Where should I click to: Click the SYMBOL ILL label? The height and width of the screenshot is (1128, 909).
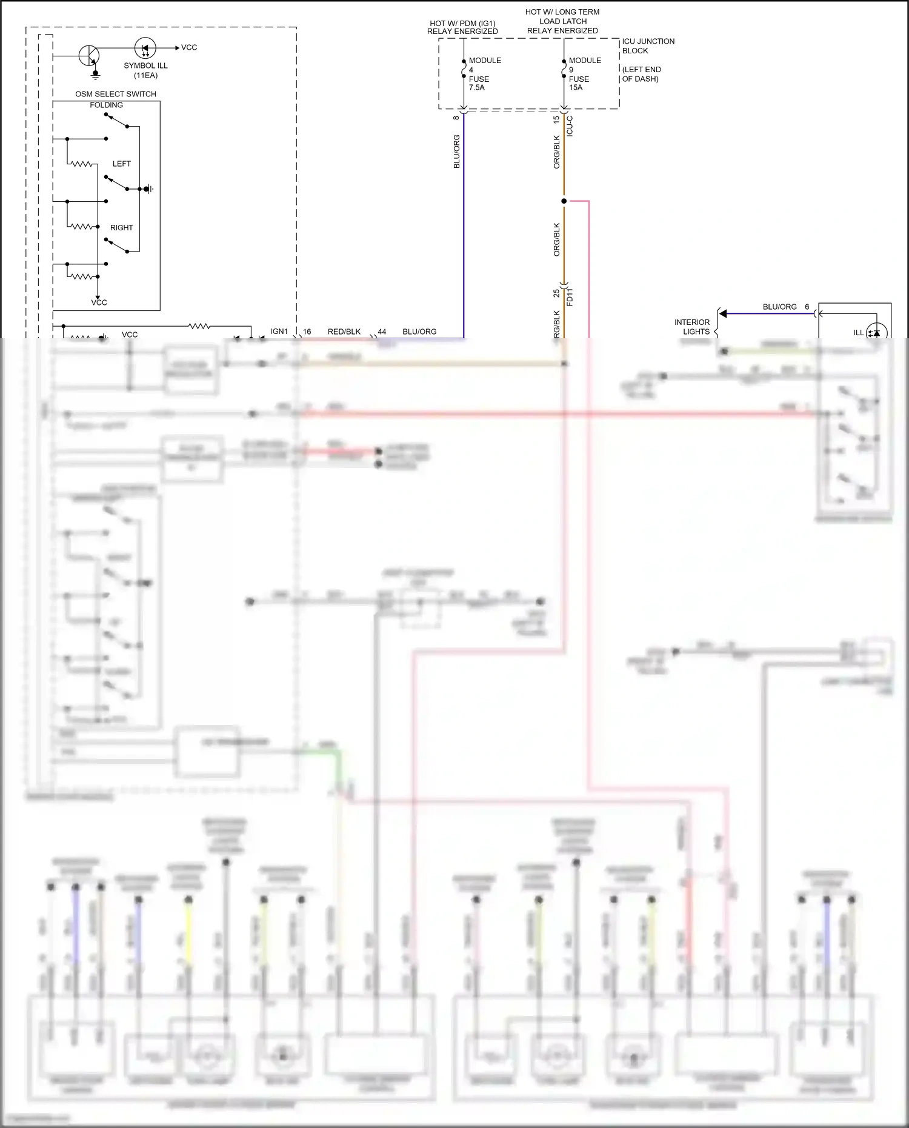145,66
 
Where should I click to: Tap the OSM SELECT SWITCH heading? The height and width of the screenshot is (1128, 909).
115,94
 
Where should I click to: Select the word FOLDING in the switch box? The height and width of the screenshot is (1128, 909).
106,105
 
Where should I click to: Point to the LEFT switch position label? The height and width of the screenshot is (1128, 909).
121,164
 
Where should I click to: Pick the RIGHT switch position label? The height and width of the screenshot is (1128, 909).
121,228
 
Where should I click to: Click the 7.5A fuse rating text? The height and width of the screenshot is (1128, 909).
477,88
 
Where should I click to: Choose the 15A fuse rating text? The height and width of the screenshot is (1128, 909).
576,88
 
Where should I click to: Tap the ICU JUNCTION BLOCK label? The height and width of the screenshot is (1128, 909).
647,46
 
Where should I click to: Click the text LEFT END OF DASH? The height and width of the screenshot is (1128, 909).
641,75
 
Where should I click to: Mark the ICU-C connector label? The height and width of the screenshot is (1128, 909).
570,126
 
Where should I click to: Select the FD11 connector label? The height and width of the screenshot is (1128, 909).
570,297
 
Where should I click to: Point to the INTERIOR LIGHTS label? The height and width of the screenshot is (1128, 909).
692,327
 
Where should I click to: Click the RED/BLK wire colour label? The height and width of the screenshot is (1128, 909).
344,332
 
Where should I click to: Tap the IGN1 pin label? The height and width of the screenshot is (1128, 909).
279,332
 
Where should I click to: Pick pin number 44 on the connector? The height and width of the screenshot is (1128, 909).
382,332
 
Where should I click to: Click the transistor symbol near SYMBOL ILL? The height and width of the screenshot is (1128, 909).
90,56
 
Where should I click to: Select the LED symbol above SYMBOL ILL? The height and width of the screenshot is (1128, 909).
145,48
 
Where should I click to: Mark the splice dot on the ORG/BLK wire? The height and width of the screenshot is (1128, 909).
564,201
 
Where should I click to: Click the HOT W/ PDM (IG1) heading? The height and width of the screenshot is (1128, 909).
462,24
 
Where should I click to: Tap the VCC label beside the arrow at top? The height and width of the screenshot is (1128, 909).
189,47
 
